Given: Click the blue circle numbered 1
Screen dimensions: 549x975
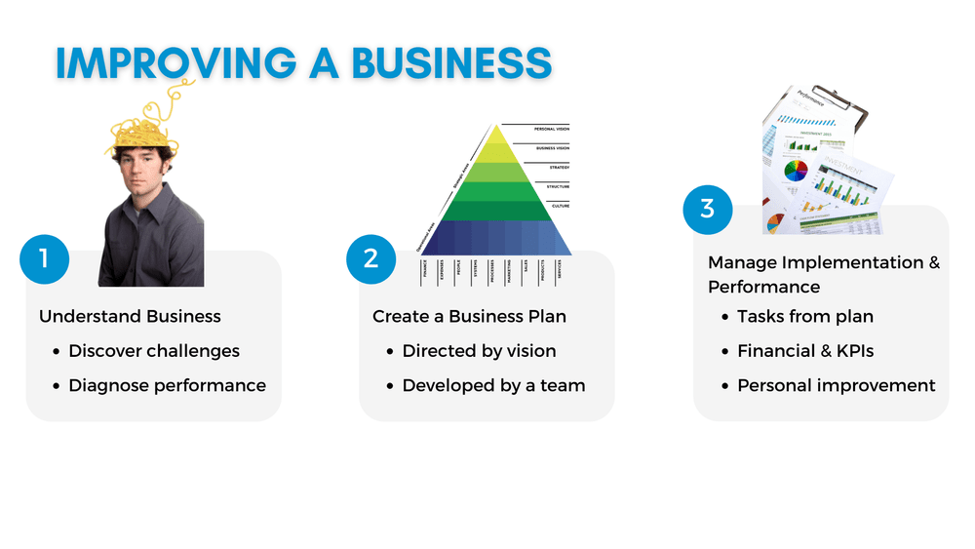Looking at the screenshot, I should click(45, 259).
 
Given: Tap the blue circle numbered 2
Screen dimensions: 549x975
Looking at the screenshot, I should click(370, 258).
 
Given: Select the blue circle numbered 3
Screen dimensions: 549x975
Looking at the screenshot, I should click(707, 209).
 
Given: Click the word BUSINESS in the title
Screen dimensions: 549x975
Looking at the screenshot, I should click(451, 62).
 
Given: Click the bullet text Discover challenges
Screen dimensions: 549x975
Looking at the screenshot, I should click(154, 351).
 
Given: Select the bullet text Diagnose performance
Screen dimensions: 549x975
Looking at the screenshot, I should click(167, 385).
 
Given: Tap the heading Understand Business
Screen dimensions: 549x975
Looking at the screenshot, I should click(130, 316).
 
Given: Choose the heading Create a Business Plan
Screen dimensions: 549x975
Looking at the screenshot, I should click(469, 316).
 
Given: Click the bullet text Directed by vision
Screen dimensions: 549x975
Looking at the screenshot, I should click(479, 351).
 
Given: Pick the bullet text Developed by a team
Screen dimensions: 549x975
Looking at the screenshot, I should click(493, 385).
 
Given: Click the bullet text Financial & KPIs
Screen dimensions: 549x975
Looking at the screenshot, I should click(805, 351).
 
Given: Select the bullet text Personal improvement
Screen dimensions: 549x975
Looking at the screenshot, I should click(836, 385).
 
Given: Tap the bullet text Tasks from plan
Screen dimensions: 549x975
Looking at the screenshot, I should click(805, 316).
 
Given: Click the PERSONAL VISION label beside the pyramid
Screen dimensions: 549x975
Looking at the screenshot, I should click(551, 129).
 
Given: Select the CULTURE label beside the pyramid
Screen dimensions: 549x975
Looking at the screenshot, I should click(560, 206).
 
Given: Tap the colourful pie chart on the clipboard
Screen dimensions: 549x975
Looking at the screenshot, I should click(797, 172).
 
